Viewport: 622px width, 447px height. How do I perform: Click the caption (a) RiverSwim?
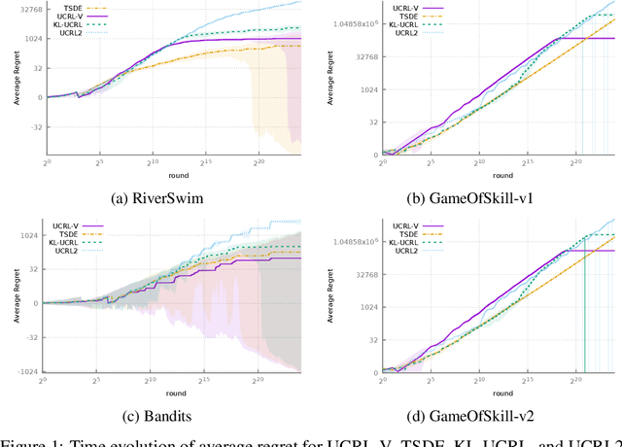point(160,198)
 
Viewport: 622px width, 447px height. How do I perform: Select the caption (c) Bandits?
point(160,415)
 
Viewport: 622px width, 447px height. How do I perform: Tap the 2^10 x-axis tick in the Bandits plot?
point(151,383)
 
